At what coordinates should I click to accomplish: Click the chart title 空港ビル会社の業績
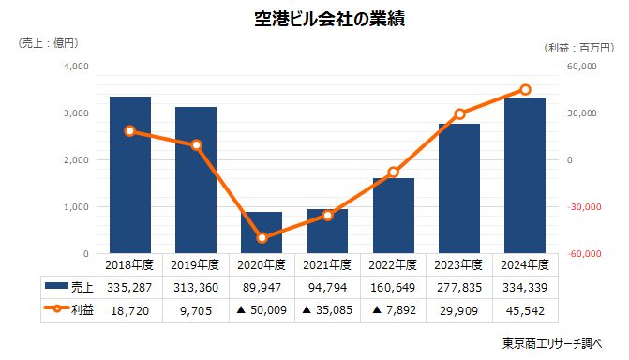315,18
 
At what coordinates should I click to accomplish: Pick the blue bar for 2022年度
394,216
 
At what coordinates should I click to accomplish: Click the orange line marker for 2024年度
525,90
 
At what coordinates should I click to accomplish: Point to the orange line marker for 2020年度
262,238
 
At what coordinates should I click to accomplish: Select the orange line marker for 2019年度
197,145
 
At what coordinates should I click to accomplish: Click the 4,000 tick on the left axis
76,67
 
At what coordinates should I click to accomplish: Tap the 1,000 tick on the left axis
76,207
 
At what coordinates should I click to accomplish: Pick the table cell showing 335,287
130,286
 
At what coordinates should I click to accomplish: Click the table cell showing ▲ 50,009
262,308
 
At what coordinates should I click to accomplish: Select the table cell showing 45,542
525,308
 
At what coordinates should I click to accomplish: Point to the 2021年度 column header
327,264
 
